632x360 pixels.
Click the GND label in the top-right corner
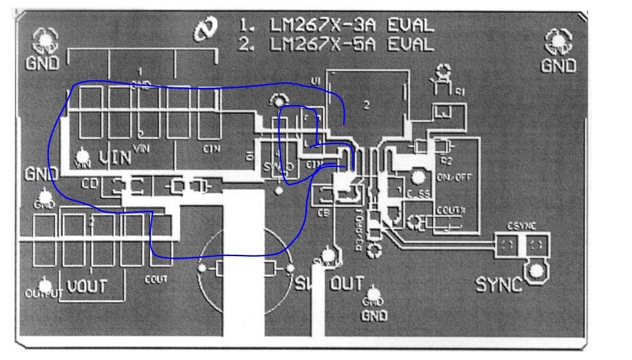pos(559,65)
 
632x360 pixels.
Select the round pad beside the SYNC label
pos(537,271)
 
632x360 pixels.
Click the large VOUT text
pos(87,286)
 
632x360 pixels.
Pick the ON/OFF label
pos(454,178)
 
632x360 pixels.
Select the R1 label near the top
pos(459,92)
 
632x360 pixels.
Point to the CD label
pos(89,185)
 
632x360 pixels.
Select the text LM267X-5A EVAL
pos(337,44)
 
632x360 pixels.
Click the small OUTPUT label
pos(41,294)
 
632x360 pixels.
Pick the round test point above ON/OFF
pos(418,176)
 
